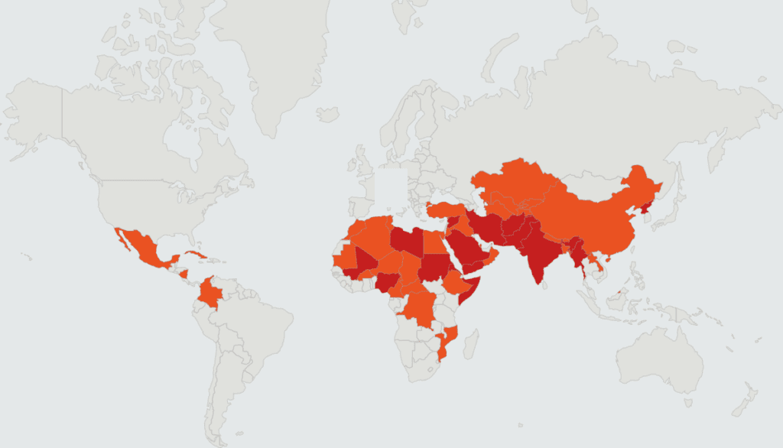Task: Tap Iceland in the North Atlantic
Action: tap(328, 114)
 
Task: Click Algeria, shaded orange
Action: tap(371, 237)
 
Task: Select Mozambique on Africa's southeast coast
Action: tap(447, 344)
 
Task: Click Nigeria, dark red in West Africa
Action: tap(386, 282)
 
